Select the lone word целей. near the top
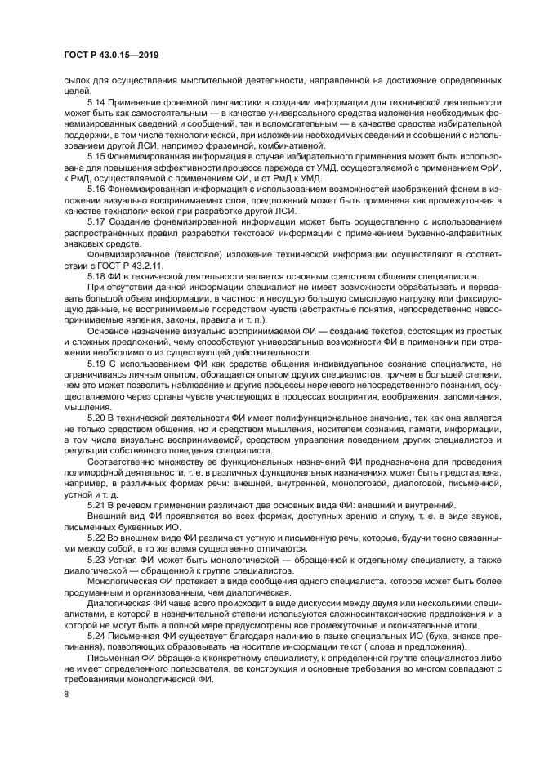click(76, 90)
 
